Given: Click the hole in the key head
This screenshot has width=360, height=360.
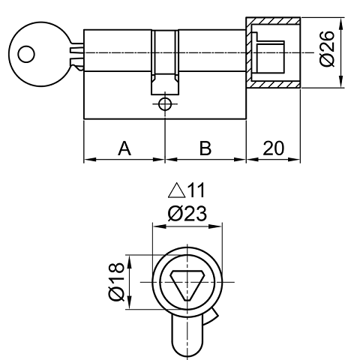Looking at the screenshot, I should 27,54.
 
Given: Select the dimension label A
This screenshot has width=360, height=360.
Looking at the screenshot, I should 124,148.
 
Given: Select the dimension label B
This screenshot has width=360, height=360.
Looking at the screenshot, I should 205,148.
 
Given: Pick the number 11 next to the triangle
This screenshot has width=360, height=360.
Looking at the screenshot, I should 196,190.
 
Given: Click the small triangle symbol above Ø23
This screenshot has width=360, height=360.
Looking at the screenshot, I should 176,190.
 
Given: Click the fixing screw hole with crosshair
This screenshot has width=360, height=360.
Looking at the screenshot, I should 164,104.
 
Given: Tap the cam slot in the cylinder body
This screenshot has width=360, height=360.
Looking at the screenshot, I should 164,60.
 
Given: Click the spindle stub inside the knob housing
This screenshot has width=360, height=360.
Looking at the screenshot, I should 274,54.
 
